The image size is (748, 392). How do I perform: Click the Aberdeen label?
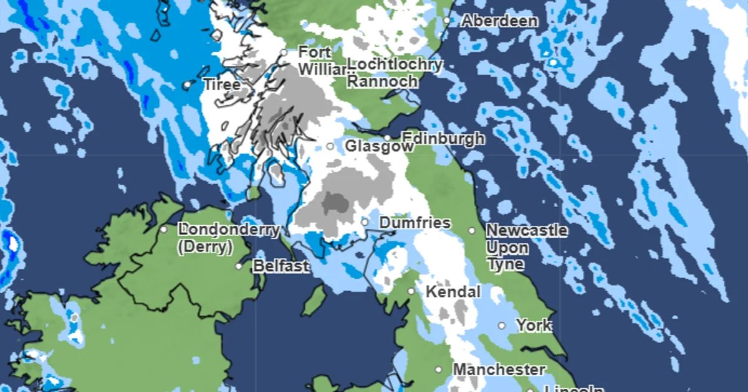(499, 21)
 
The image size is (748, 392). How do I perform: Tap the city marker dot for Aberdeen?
(447, 21)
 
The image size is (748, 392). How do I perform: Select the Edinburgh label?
(443, 138)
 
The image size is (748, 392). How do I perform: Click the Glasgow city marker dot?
(330, 147)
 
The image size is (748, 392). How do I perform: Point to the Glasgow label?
(379, 147)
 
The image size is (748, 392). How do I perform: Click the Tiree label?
(221, 85)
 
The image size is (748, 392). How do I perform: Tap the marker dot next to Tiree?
(186, 85)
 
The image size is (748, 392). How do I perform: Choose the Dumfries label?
(415, 223)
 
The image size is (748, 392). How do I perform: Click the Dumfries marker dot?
(365, 222)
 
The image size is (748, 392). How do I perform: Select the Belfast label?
(280, 266)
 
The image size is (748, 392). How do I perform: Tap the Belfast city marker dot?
(239, 266)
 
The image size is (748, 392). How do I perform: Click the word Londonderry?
(229, 230)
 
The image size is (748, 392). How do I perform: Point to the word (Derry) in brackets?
(205, 247)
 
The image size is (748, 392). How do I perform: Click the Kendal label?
(453, 292)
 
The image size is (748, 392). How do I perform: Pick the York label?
(534, 325)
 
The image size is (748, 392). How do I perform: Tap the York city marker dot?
(502, 325)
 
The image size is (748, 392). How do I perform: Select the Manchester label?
(499, 370)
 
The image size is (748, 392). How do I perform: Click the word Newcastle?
(527, 231)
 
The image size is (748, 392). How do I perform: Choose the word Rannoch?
(382, 81)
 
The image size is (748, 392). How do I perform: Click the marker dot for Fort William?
(284, 53)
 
